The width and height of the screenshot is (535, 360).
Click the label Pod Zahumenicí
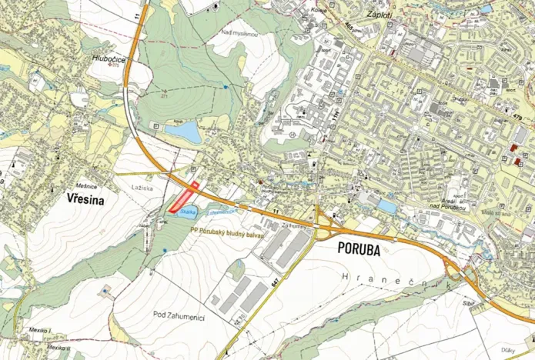tap(179, 314)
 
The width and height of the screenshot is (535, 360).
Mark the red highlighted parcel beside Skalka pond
tap(182, 199)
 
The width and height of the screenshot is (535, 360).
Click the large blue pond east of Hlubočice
tap(183, 133)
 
